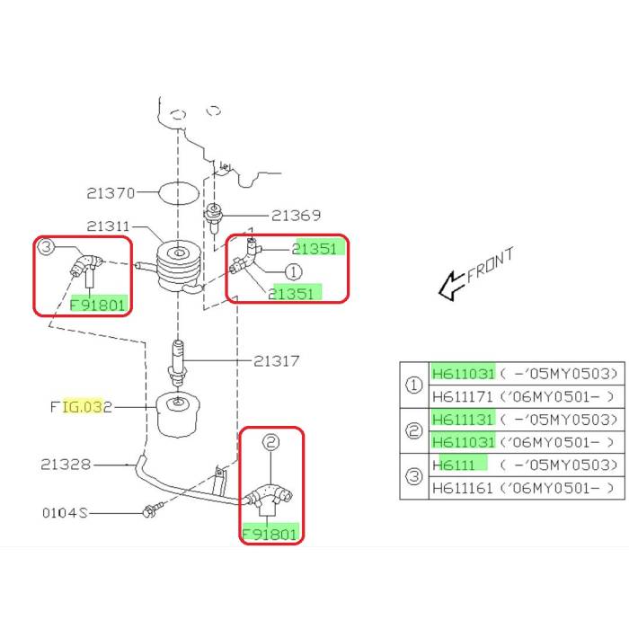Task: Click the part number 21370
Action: pos(111,192)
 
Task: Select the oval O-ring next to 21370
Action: pos(177,192)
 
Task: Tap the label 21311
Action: pos(111,226)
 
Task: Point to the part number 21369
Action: pos(297,216)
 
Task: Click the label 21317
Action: pos(276,361)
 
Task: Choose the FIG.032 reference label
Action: pos(80,407)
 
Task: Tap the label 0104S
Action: pos(64,513)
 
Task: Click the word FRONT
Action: pos(491,267)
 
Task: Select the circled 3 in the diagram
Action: pos(47,248)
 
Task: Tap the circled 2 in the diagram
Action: pos(270,442)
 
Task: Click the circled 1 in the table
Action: pos(414,385)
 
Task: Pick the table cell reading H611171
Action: pos(463,396)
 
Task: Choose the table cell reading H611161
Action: pos(463,488)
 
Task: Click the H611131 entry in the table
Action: pos(463,420)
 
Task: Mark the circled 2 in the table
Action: pos(414,430)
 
